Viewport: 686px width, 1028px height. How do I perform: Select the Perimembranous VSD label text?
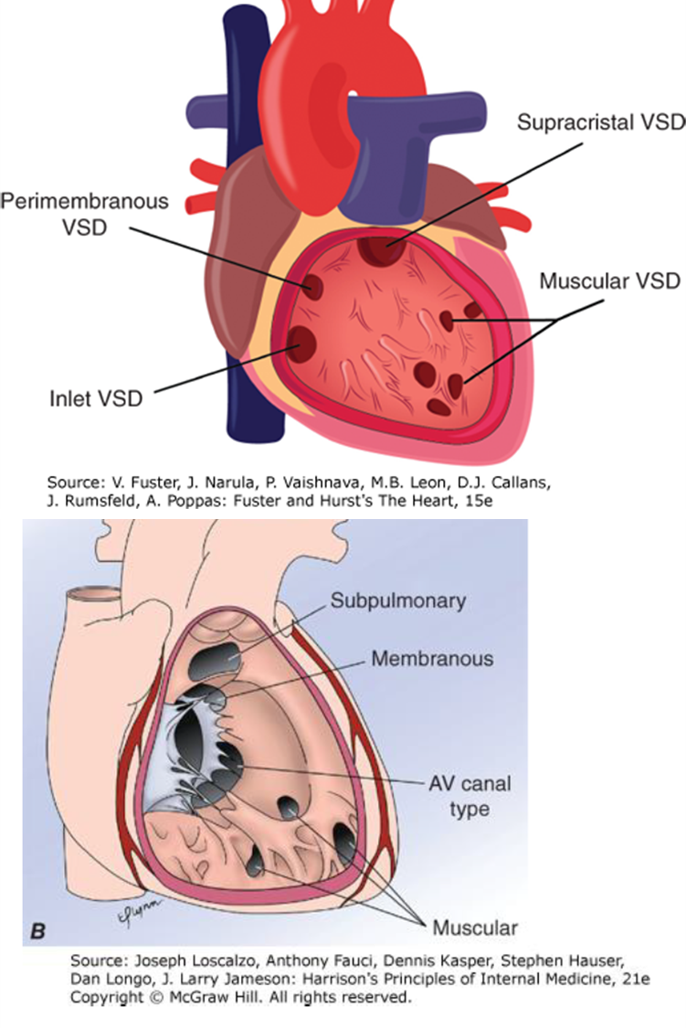84,213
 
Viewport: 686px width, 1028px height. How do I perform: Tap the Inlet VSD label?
95,398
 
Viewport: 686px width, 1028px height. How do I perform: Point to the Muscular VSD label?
609,281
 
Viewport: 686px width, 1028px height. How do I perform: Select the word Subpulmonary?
398,600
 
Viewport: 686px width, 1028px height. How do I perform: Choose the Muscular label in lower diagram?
475,928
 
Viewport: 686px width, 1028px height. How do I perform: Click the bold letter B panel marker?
38,932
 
